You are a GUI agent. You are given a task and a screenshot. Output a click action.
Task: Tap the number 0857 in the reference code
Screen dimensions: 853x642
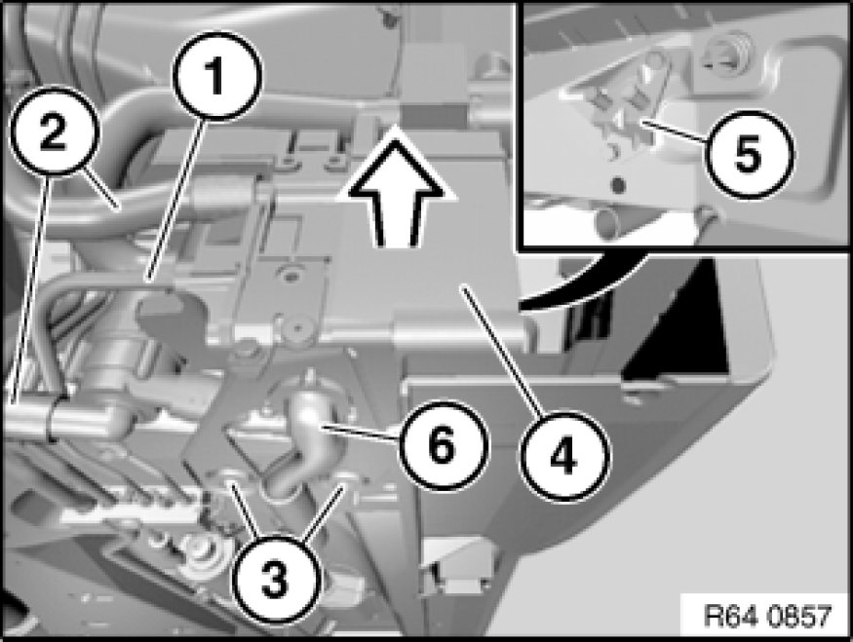(x=794, y=616)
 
